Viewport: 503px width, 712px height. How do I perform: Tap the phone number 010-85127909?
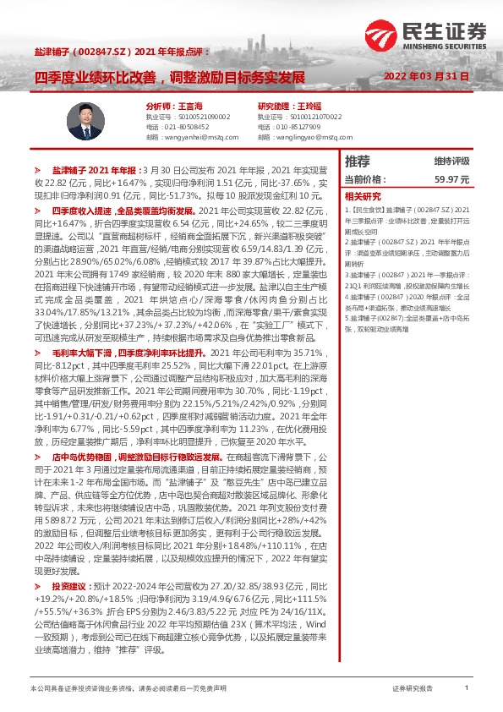coord(297,126)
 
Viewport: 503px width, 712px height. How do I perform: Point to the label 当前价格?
coord(364,179)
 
